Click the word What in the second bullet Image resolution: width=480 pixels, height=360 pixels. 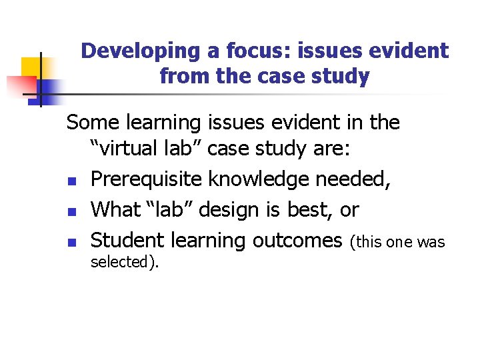pos(116,210)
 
